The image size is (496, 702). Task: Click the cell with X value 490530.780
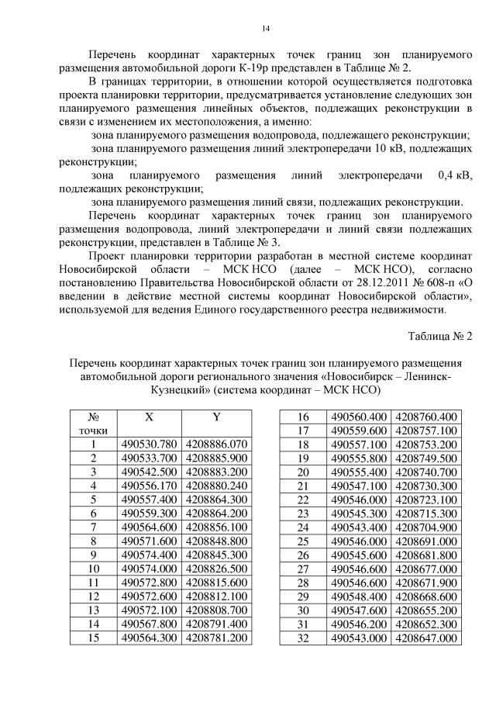click(x=150, y=444)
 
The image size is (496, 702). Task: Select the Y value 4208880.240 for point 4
click(x=217, y=486)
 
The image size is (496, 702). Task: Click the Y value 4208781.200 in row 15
click(x=217, y=638)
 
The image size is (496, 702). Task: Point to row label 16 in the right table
click(x=304, y=417)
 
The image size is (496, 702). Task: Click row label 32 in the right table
click(x=304, y=638)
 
